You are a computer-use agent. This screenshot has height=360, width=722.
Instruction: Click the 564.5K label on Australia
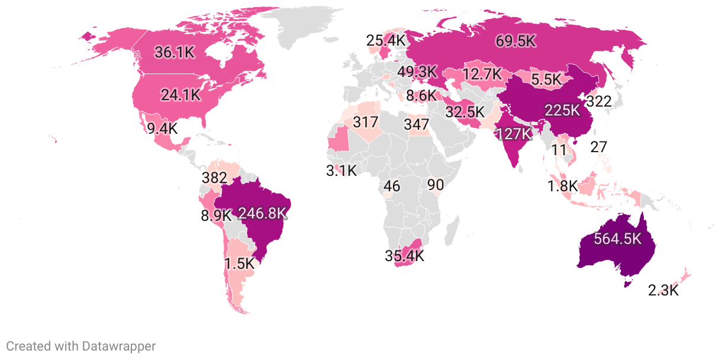(618, 239)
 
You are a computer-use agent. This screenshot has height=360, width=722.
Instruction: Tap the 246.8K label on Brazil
(262, 213)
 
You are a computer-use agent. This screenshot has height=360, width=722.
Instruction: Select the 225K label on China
(562, 110)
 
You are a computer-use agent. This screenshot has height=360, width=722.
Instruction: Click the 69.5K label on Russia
(515, 41)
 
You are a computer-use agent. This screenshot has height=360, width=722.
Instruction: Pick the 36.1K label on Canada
(175, 52)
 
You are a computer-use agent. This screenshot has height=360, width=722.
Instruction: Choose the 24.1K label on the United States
(181, 94)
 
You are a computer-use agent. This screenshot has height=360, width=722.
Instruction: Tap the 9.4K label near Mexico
(162, 128)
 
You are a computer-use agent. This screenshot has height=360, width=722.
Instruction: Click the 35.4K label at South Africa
(404, 256)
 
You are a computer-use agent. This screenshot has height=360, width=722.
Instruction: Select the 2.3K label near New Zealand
(663, 291)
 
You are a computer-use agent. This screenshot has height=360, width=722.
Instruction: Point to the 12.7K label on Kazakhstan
(482, 75)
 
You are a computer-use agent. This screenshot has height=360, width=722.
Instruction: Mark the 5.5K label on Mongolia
(545, 79)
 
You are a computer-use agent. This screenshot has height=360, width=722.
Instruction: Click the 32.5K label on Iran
(465, 111)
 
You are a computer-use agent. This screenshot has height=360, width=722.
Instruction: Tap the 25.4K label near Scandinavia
(386, 41)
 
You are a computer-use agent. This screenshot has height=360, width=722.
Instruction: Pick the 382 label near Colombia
(214, 178)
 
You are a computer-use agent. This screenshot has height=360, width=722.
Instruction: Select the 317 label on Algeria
(365, 123)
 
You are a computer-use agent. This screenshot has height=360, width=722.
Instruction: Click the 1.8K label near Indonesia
(562, 187)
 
